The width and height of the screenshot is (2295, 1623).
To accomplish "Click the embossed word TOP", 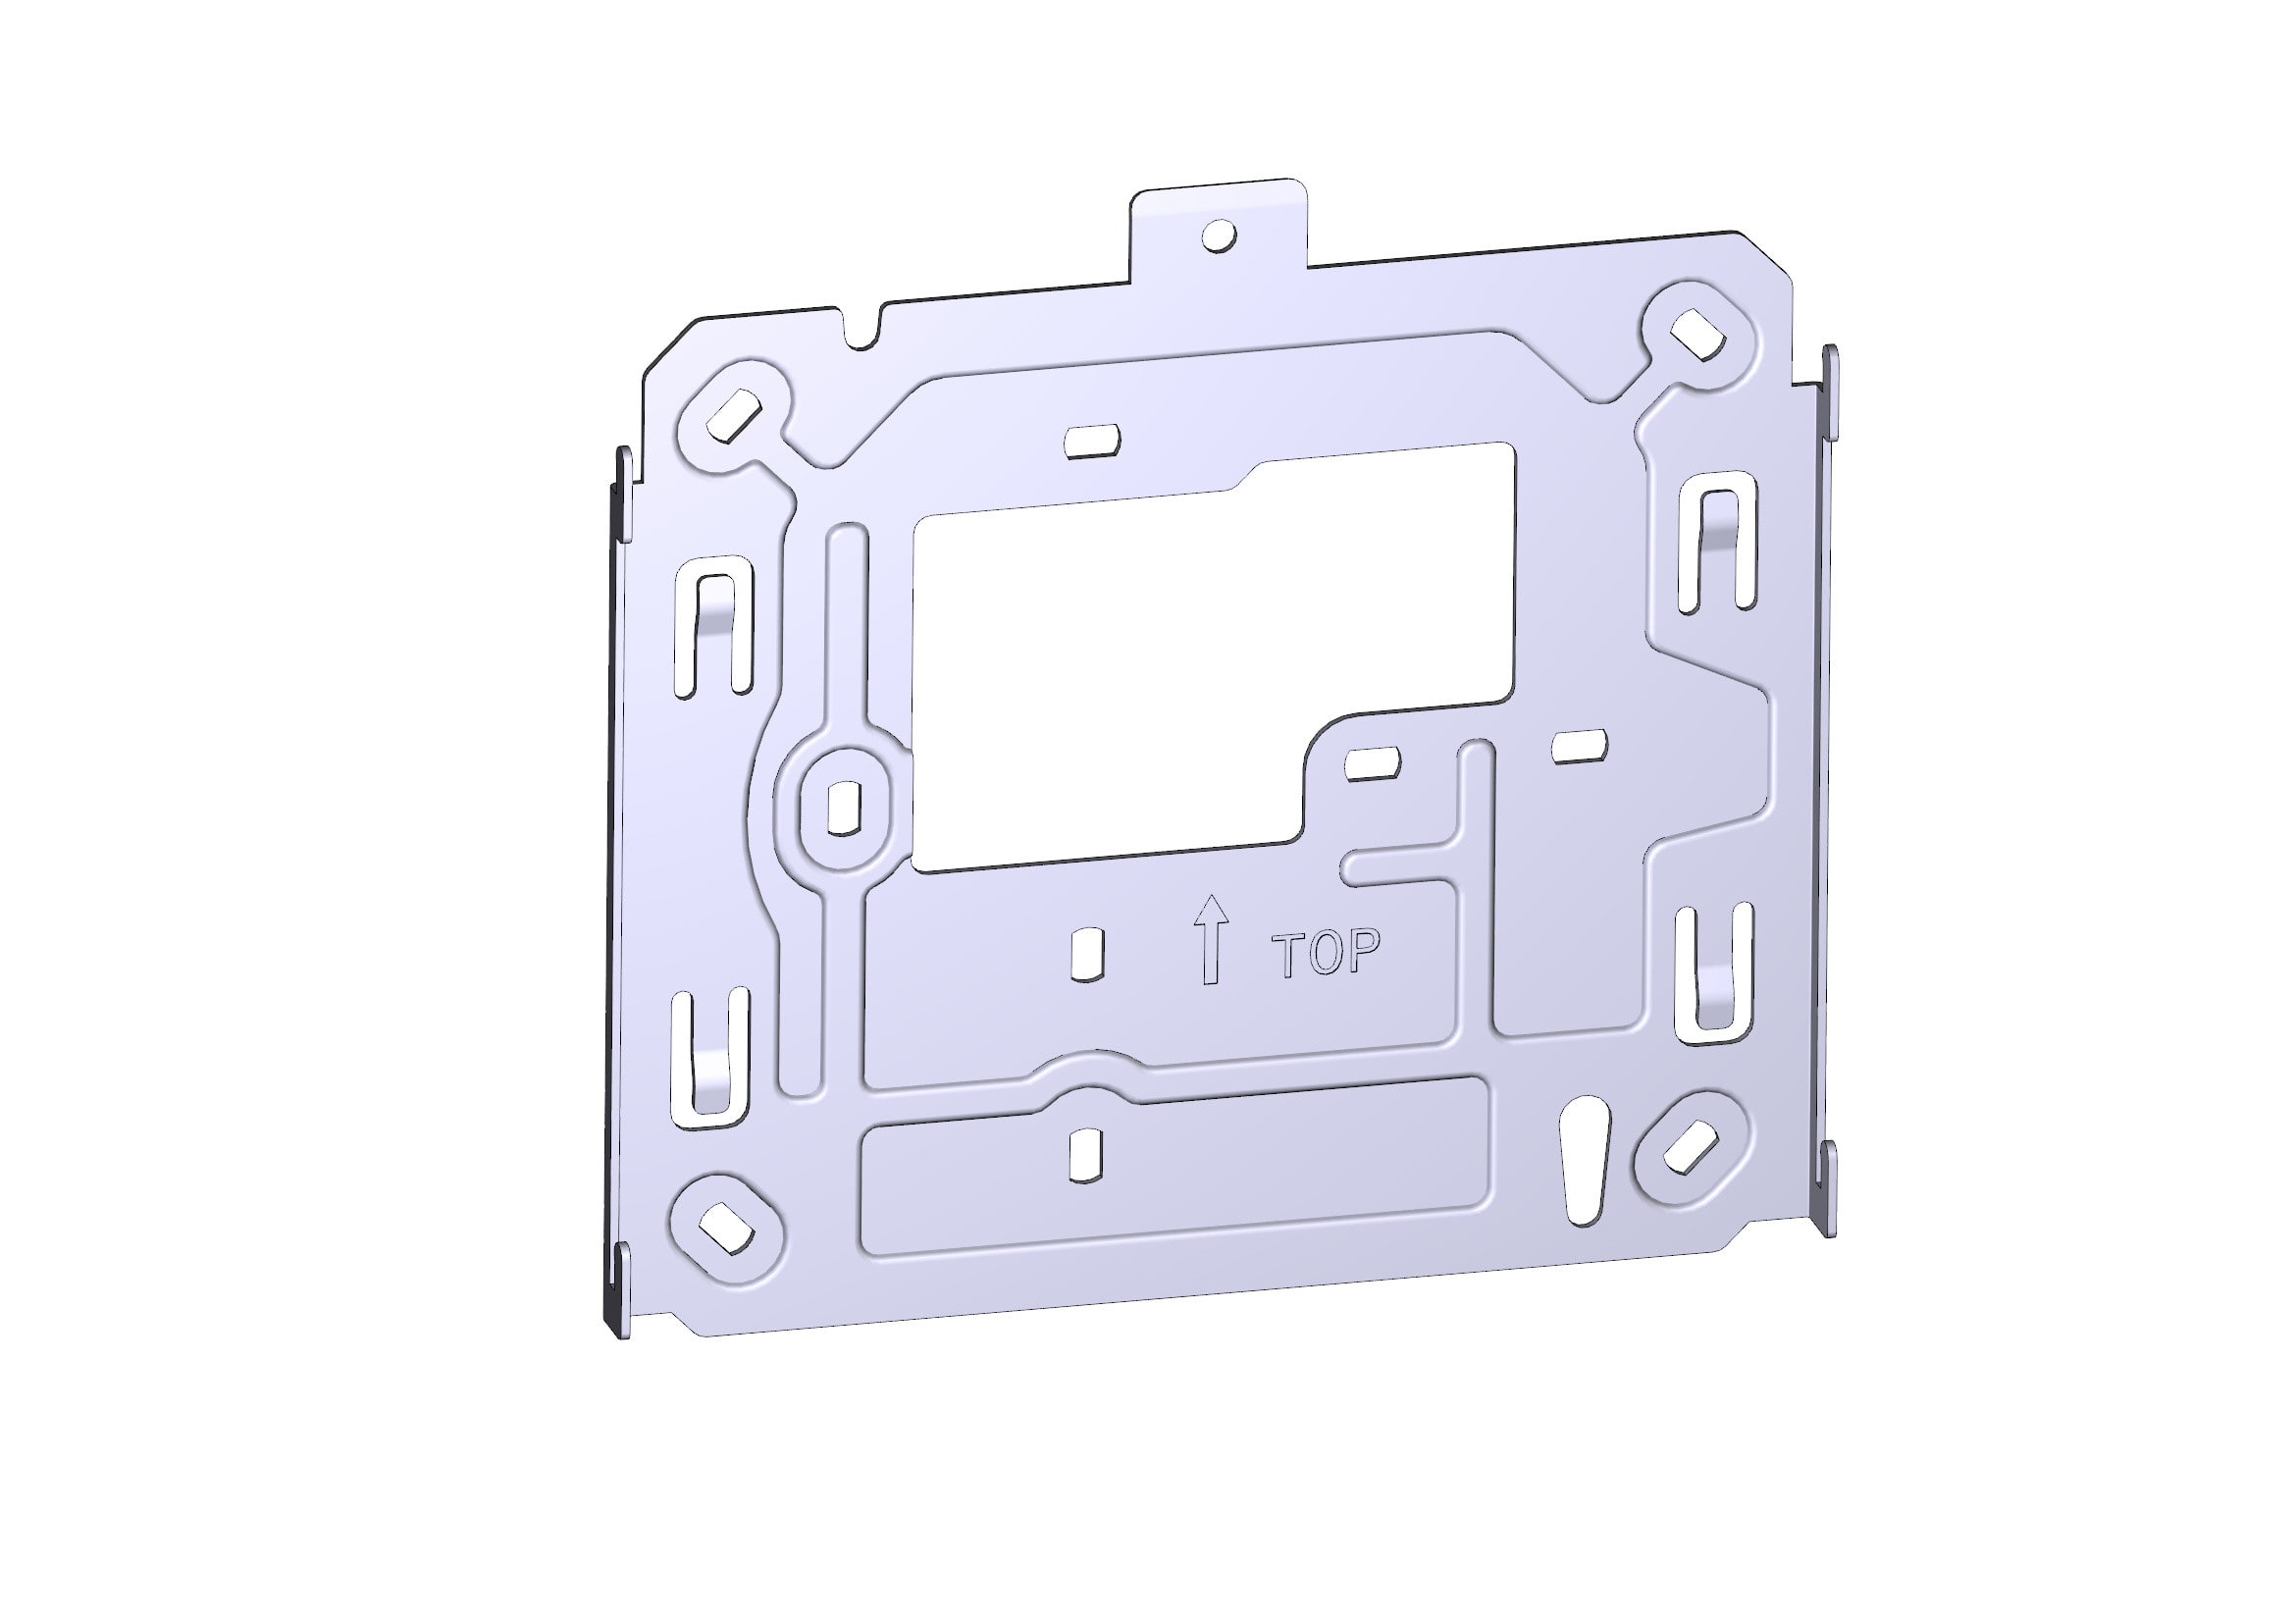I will (1326, 953).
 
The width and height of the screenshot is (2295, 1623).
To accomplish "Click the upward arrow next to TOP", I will (1212, 939).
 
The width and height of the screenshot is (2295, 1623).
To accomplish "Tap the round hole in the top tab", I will (1220, 236).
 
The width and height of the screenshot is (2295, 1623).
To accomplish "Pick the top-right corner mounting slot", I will (1698, 334).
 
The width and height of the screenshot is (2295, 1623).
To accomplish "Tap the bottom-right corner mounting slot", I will (1691, 1146).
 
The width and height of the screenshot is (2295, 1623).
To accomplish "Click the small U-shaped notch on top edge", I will (861, 332).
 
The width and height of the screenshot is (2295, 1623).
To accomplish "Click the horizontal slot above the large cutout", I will (1091, 440).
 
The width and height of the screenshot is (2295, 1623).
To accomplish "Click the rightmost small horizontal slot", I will (1579, 747).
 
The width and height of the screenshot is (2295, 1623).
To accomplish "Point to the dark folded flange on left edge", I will (611, 900).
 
